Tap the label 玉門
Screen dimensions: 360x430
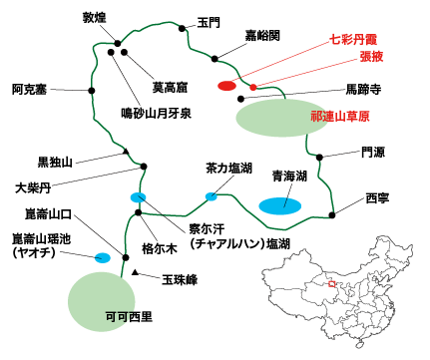pyautogui.click(x=209, y=21)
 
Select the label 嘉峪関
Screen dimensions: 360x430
pyautogui.click(x=262, y=35)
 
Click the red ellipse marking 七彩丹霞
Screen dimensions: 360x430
pyautogui.click(x=226, y=86)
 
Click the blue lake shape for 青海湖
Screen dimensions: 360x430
pyautogui.click(x=282, y=205)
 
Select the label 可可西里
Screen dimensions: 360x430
pyautogui.click(x=129, y=318)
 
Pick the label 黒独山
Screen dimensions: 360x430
pyautogui.click(x=57, y=162)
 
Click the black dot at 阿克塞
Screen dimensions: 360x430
pyautogui.click(x=93, y=91)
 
